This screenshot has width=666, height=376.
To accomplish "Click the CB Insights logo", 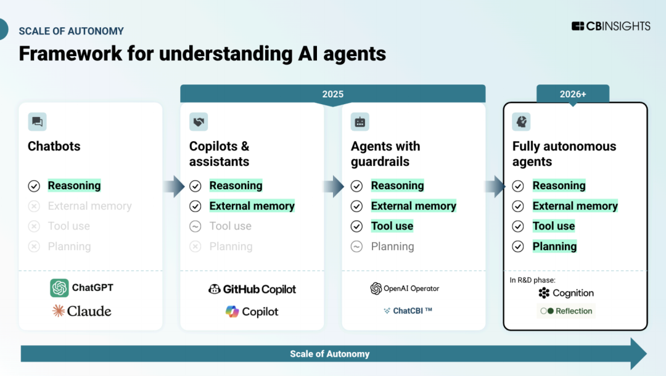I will pyautogui.click(x=610, y=26).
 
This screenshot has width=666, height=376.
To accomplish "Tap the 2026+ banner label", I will pyautogui.click(x=573, y=94).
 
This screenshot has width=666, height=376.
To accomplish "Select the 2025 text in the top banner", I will pyautogui.click(x=332, y=94).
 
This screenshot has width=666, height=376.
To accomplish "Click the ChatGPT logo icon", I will pyautogui.click(x=60, y=288).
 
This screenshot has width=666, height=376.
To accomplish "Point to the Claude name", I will pyautogui.click(x=89, y=311).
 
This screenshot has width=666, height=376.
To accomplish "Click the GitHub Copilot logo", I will pyautogui.click(x=252, y=289).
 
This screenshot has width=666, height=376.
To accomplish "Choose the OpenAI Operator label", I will pyautogui.click(x=405, y=288).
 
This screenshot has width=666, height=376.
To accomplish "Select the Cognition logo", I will pyautogui.click(x=565, y=293).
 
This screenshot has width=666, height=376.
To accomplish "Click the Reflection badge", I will pyautogui.click(x=565, y=311).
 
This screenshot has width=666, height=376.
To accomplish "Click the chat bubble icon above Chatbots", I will pyautogui.click(x=37, y=122).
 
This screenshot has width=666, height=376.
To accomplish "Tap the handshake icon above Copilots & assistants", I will pyautogui.click(x=199, y=122).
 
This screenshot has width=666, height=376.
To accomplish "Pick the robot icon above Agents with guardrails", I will pyautogui.click(x=360, y=122).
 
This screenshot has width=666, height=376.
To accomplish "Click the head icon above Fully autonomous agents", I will pyautogui.click(x=522, y=122).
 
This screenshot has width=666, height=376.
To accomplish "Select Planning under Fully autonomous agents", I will pyautogui.click(x=554, y=247).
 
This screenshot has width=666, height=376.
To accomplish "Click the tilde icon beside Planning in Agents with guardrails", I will pyautogui.click(x=356, y=247).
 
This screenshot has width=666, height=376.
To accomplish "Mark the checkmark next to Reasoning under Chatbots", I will pyautogui.click(x=34, y=186).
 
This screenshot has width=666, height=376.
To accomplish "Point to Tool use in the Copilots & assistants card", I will pyautogui.click(x=230, y=226).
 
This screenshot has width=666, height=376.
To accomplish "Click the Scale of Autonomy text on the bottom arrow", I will pyautogui.click(x=330, y=354).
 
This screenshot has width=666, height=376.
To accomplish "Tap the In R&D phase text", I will pyautogui.click(x=533, y=280).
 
